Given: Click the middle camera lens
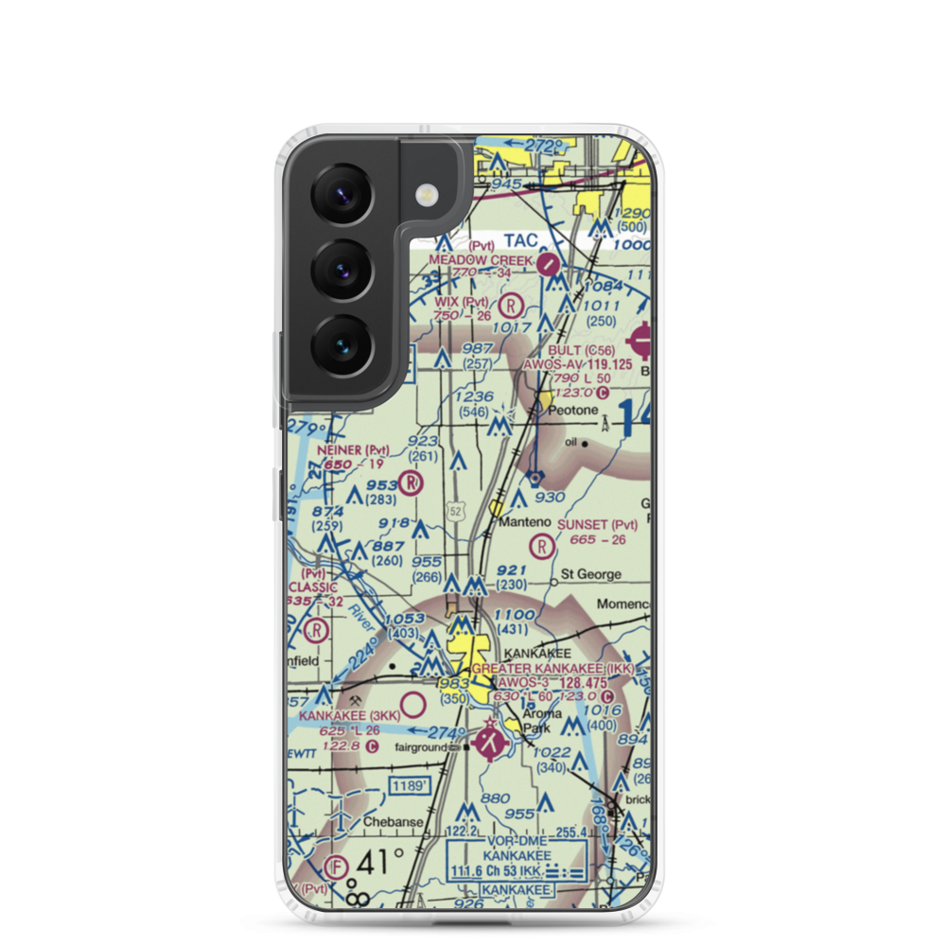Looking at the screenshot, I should [x=341, y=268].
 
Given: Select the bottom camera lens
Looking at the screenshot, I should [x=341, y=342].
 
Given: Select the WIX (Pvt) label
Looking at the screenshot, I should [x=462, y=302].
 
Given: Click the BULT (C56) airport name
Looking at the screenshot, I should [x=576, y=348].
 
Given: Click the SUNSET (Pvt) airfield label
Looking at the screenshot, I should [x=598, y=524].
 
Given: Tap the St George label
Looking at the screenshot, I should [x=591, y=574].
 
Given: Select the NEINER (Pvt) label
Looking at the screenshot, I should [x=352, y=450].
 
